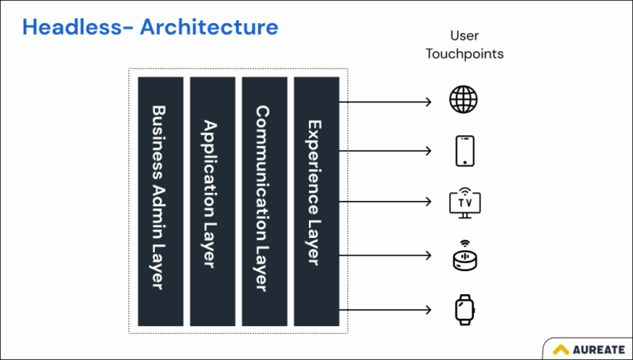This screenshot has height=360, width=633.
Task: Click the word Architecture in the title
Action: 209,26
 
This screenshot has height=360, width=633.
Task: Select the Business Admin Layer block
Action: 161,200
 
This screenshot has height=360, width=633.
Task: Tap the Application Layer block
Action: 213,200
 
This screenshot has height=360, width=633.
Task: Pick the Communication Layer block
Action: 265,200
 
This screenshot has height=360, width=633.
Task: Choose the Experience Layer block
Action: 316,200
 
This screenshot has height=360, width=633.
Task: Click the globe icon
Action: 463,101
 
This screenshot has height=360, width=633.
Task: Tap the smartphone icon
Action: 464,151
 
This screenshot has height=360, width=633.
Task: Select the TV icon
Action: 464,202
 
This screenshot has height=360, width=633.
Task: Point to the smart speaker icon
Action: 464,256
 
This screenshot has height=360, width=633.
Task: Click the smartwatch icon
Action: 464,310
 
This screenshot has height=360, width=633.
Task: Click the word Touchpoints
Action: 465,54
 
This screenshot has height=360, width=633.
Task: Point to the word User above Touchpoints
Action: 465,35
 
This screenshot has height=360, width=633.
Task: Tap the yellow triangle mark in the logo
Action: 562,349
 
